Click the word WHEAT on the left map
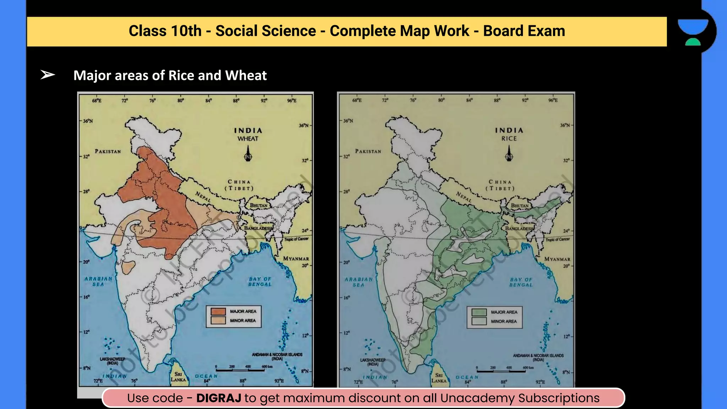pos(248,139)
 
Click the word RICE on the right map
pos(509,139)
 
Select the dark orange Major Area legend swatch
pos(218,311)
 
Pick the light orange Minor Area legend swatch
pos(218,320)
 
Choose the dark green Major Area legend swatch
pos(479,312)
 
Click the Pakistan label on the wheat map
pos(108,151)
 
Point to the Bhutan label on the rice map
pos(520,206)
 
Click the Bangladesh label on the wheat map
pos(258,228)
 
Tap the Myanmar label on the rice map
pos(557,259)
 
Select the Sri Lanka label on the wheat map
pos(178,377)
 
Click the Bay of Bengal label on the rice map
pos(521,282)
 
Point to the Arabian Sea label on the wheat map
pos(98,282)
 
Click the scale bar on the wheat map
pos(240,370)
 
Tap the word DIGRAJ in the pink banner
pos(219,398)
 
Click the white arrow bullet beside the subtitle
pos(48,75)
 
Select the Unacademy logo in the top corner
pos(693,32)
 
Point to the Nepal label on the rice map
pos(464,197)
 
